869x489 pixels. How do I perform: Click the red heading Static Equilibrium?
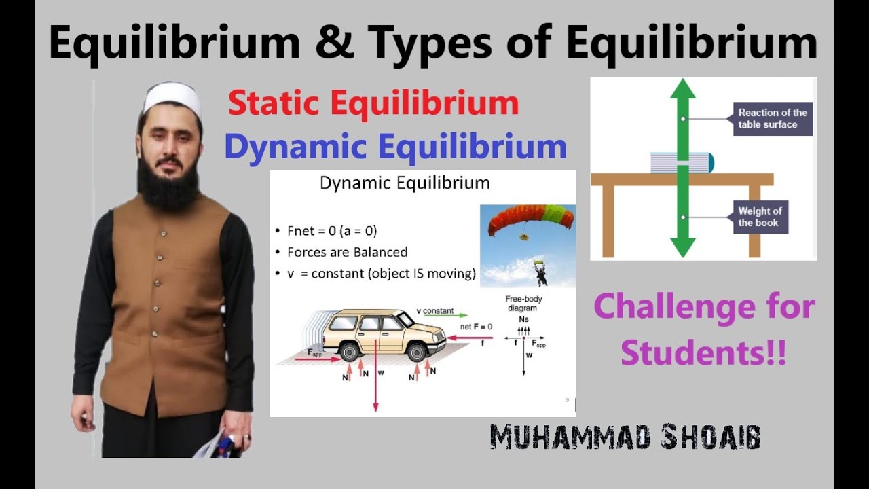[x=373, y=105]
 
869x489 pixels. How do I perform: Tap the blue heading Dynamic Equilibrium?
[x=395, y=147]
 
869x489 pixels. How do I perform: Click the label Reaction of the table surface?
[x=772, y=119]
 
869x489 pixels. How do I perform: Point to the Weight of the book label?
[x=760, y=217]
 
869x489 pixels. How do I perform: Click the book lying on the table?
[x=682, y=163]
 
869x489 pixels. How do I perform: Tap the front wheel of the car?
[x=416, y=350]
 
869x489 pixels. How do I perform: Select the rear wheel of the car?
[x=350, y=350]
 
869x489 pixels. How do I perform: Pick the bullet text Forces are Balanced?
[x=347, y=252]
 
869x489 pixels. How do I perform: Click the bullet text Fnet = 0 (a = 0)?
[x=337, y=230]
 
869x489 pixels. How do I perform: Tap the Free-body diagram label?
[x=524, y=304]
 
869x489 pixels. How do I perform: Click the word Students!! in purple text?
[x=703, y=354]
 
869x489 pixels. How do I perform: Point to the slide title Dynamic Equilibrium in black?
[x=405, y=183]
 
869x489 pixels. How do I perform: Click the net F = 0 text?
[x=475, y=327]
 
